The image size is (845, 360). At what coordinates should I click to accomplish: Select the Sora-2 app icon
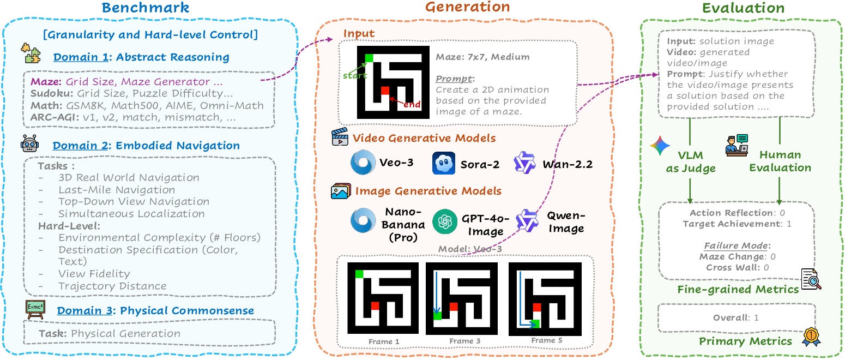pyautogui.click(x=443, y=163)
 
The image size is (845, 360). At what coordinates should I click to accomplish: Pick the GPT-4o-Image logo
pyautogui.click(x=444, y=221)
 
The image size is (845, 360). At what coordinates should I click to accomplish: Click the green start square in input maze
pyautogui.click(x=369, y=58)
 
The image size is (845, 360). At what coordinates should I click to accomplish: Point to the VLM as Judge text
pyautogui.click(x=691, y=162)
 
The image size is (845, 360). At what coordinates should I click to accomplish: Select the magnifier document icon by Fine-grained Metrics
pyautogui.click(x=811, y=279)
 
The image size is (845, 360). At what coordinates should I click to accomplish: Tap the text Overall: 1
pyautogui.click(x=735, y=317)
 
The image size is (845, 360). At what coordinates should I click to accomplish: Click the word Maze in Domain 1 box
pyautogui.click(x=41, y=82)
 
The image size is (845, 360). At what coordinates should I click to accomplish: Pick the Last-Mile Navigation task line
pyautogui.click(x=117, y=189)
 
